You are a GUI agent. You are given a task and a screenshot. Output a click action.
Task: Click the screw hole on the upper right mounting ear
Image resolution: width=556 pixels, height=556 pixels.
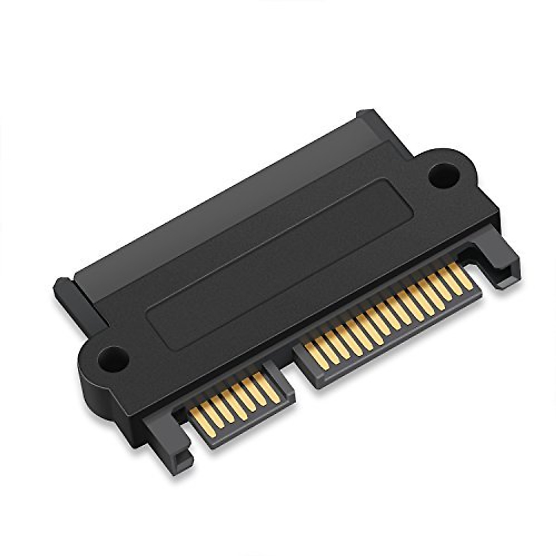pyautogui.click(x=443, y=175)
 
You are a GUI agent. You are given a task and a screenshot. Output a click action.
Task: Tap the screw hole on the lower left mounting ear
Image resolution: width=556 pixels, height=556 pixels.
pyautogui.click(x=113, y=358)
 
